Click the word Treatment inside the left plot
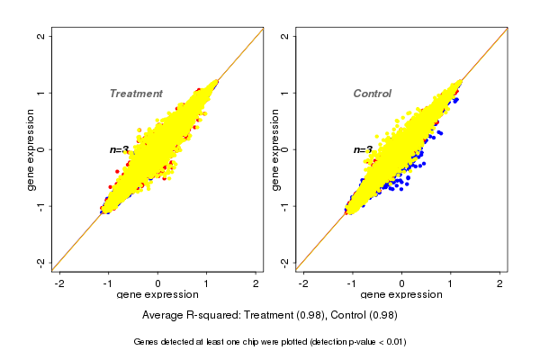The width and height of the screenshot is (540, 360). [x=136, y=94]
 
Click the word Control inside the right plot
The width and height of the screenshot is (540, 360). [x=373, y=94]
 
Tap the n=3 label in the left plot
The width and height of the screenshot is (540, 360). [x=120, y=150]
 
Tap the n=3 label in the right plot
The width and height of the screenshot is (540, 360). [x=363, y=150]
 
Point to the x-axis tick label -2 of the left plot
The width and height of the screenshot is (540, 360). [x=59, y=283]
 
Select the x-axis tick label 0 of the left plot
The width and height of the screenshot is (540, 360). [x=157, y=283]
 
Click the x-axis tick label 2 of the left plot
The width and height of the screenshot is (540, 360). [x=256, y=283]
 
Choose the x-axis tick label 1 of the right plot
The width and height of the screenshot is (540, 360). [x=451, y=283]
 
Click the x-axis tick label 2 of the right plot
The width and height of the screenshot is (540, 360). [x=500, y=283]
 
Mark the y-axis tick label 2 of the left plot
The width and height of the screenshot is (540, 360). [x=41, y=37]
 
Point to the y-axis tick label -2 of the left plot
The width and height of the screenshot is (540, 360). [x=41, y=262]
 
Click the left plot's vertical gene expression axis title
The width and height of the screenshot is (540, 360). [x=31, y=149]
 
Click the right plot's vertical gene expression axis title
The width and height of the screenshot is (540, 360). [x=274, y=149]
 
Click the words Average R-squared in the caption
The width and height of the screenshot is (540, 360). [x=184, y=315]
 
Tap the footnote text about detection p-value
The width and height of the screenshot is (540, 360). [x=270, y=342]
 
